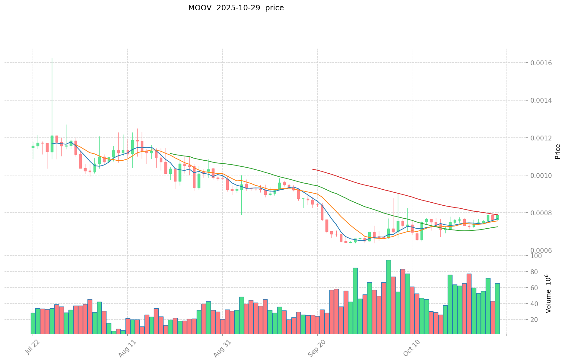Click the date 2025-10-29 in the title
[236, 8]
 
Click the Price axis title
[557, 152]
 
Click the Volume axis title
[548, 294]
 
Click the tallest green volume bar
[389, 296]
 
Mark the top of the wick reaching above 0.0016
[52, 58]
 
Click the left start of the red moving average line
[313, 169]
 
